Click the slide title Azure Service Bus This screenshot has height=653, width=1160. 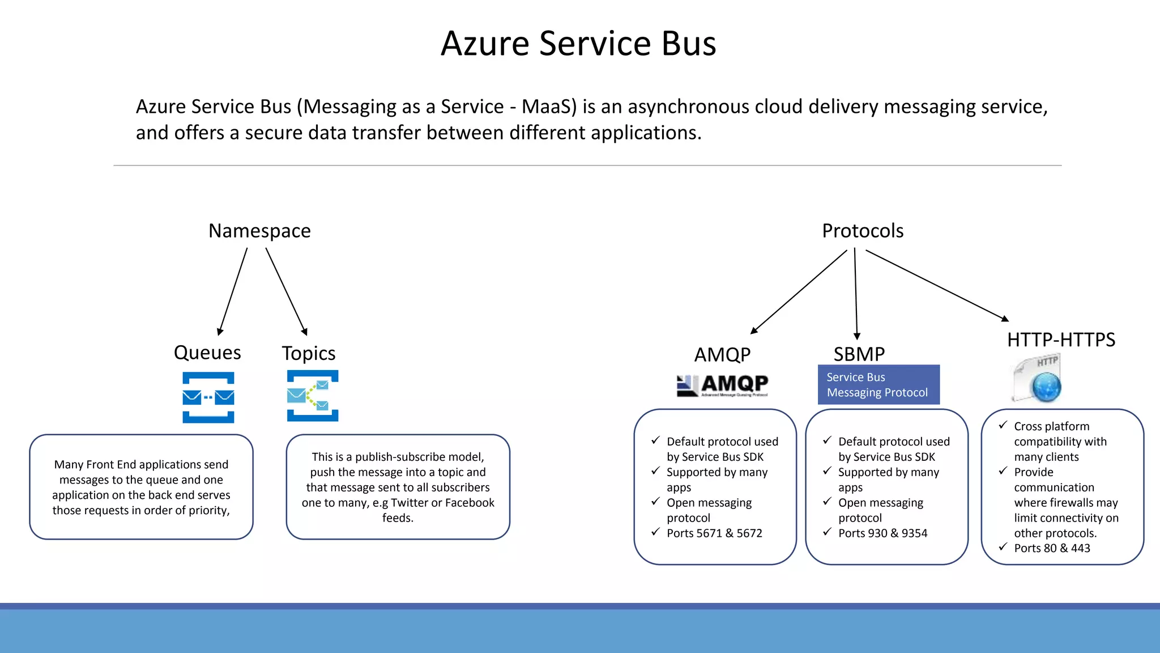pyautogui.click(x=578, y=44)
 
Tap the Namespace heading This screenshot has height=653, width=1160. pyautogui.click(x=259, y=231)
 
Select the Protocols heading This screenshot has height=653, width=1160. pyautogui.click(x=863, y=231)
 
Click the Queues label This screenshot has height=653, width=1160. pyautogui.click(x=207, y=353)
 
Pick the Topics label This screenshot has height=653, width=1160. pyautogui.click(x=309, y=354)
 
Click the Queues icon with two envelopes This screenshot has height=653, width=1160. pyautogui.click(x=208, y=397)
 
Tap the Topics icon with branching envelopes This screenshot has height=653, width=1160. pyautogui.click(x=313, y=396)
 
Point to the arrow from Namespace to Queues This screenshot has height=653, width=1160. pyautogui.click(x=233, y=292)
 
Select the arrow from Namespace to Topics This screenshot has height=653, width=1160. pyautogui.click(x=287, y=292)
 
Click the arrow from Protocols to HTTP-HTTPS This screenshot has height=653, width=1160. pyautogui.click(x=937, y=285)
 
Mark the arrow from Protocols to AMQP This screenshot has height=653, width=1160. pyautogui.click(x=799, y=292)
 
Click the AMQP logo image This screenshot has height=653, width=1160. pyautogui.click(x=723, y=385)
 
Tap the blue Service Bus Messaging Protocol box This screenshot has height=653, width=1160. pyautogui.click(x=878, y=385)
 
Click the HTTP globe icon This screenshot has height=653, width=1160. pyautogui.click(x=1038, y=379)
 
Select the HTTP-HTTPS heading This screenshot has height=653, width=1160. pyautogui.click(x=1061, y=340)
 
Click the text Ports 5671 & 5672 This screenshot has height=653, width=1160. pyautogui.click(x=714, y=533)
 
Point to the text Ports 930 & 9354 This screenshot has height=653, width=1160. pyautogui.click(x=882, y=533)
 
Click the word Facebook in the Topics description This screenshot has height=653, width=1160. pyautogui.click(x=470, y=503)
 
